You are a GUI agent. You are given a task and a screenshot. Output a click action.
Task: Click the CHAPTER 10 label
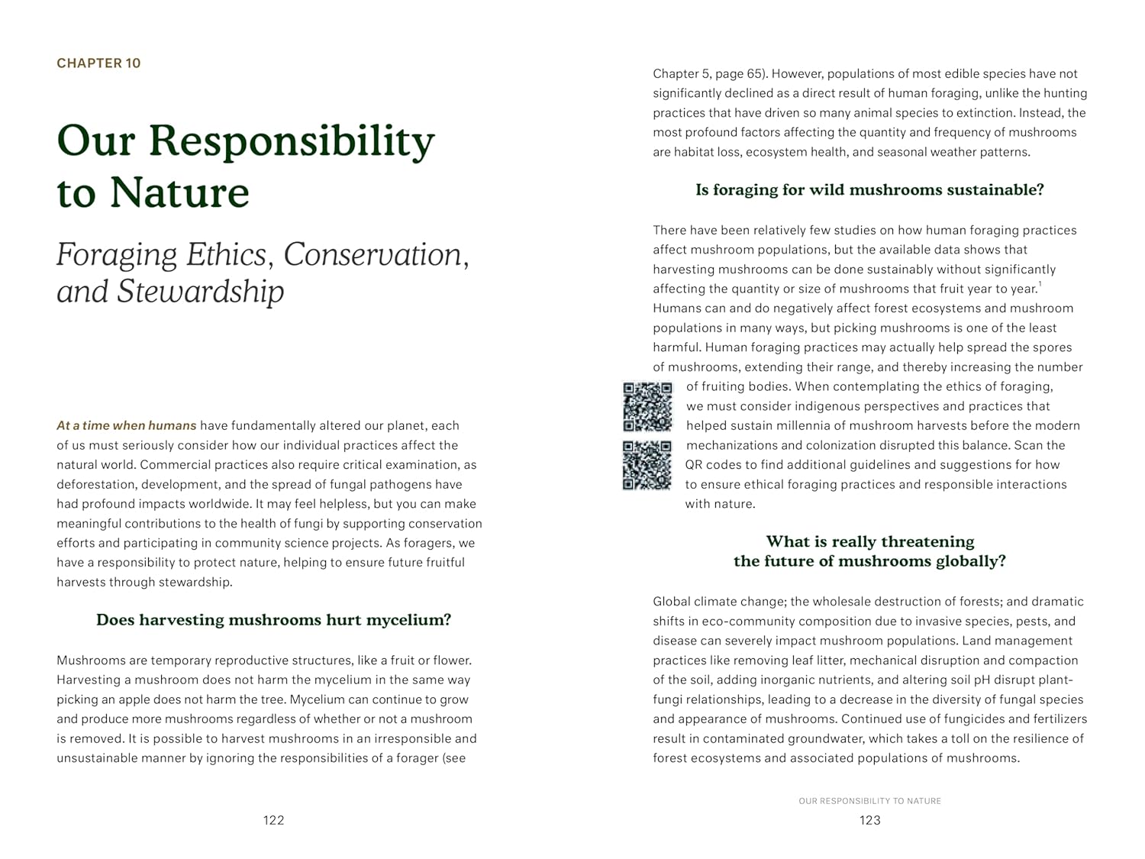click(98, 63)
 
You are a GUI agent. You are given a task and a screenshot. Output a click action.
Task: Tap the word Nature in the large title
click(179, 192)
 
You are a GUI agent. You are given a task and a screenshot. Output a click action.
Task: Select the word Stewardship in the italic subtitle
click(200, 292)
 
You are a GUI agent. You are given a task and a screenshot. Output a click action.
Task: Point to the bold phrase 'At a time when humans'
click(126, 425)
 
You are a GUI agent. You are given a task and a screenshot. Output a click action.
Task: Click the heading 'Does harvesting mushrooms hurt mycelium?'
click(273, 620)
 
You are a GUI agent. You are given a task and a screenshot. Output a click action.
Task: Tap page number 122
click(273, 820)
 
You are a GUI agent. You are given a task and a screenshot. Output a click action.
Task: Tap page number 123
click(869, 820)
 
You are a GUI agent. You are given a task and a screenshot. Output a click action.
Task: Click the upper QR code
click(647, 406)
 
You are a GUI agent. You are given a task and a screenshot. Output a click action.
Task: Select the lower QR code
click(647, 465)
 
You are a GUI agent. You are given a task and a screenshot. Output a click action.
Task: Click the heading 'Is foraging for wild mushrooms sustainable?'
click(869, 190)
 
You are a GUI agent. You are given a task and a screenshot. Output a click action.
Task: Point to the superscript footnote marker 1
click(1040, 285)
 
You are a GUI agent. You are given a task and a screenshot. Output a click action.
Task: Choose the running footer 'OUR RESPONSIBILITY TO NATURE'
click(869, 801)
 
